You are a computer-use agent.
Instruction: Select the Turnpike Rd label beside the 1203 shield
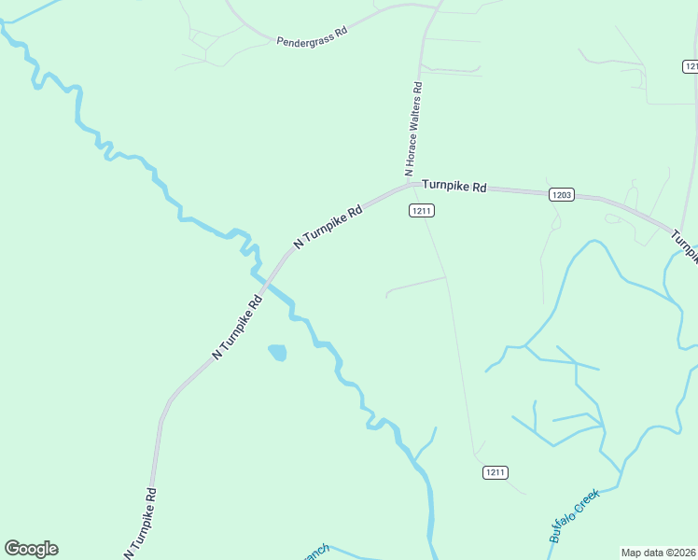pyautogui.click(x=454, y=187)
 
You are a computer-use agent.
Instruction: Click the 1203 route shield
pyautogui.click(x=561, y=194)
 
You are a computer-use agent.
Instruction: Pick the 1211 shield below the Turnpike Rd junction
pyautogui.click(x=421, y=211)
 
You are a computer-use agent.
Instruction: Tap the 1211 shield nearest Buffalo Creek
pyautogui.click(x=496, y=472)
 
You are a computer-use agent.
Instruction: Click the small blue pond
pyautogui.click(x=277, y=353)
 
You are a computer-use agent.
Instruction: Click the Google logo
pyautogui.click(x=31, y=549)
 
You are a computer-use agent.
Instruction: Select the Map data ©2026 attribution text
pyautogui.click(x=659, y=553)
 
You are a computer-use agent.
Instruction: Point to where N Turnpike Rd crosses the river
pyautogui.click(x=265, y=279)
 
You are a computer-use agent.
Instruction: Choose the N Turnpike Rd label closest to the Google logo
pyautogui.click(x=140, y=524)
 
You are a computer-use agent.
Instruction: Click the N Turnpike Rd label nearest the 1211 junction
pyautogui.click(x=328, y=228)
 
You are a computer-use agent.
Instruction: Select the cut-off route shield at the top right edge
pyautogui.click(x=691, y=66)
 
